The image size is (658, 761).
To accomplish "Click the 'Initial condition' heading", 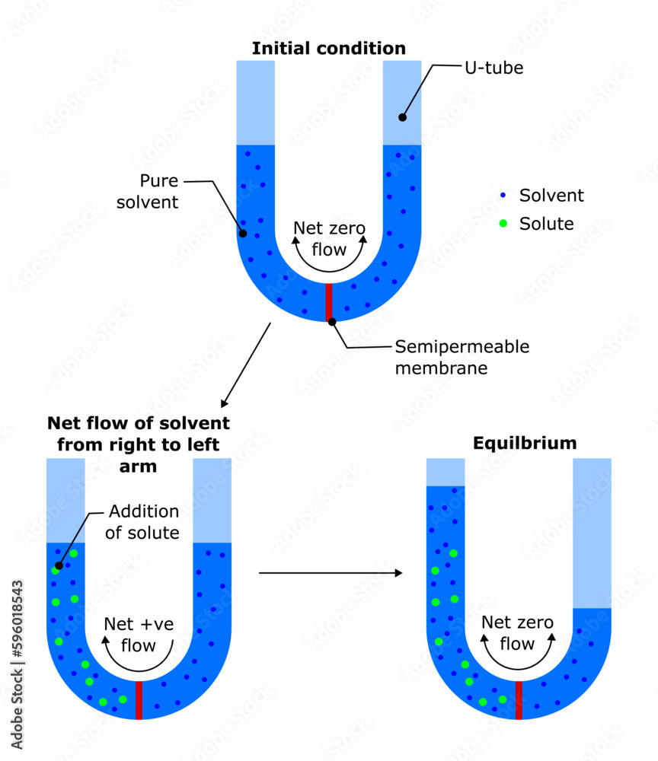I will [328, 49].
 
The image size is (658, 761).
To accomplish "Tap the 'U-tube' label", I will [493, 68].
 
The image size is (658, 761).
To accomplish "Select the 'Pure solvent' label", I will [158, 191].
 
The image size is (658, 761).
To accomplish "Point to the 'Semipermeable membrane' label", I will [462, 357].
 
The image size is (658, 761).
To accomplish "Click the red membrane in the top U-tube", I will [329, 302].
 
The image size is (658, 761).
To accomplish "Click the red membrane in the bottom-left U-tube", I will [139, 700].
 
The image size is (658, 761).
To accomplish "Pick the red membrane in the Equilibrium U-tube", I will [519, 700].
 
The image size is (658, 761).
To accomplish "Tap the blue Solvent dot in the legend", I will [503, 196].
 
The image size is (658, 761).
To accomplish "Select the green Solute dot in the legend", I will [503, 224].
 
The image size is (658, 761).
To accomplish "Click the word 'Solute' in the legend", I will [546, 224].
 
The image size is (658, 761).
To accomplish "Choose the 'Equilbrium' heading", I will [525, 443].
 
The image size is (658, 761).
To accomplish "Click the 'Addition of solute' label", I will [142, 521].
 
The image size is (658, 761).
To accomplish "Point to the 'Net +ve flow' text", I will [139, 635].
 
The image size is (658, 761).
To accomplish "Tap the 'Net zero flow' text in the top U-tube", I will [329, 238].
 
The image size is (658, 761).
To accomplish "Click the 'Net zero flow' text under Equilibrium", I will [518, 632].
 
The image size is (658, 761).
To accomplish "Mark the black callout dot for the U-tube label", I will [402, 117].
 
